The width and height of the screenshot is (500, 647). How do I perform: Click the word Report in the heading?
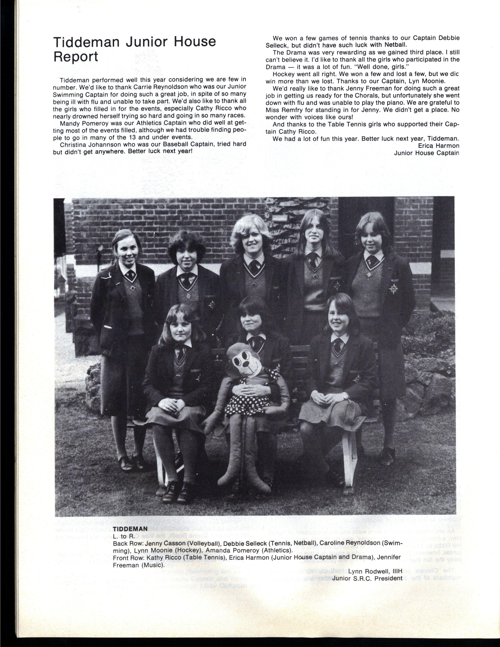(x=76, y=56)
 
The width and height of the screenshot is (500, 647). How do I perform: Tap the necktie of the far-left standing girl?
(x=129, y=275)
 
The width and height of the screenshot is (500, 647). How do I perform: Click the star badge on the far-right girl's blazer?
(x=393, y=288)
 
